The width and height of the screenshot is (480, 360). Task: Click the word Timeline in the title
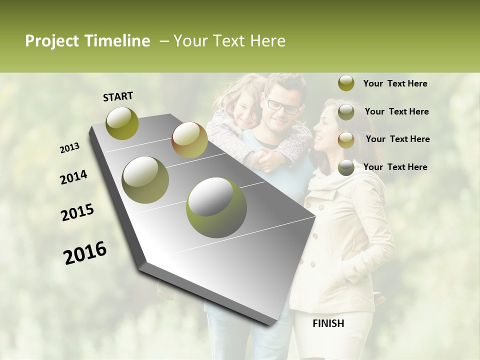coord(119,41)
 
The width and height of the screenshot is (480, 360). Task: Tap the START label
coord(118,96)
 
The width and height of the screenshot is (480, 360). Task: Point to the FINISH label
coord(328,323)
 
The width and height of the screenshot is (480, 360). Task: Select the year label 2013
coord(70,148)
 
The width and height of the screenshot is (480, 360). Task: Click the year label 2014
coord(74,177)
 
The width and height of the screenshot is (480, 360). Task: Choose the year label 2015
coord(77,213)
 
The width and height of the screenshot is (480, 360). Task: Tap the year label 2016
coord(85,253)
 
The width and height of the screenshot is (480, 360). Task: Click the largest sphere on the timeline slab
coord(216,207)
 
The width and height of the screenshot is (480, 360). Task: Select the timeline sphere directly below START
coord(122,123)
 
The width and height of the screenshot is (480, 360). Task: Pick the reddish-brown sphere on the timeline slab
coord(189,140)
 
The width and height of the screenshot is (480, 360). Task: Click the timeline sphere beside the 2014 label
coord(145,179)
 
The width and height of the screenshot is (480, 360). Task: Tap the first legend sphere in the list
coord(346,83)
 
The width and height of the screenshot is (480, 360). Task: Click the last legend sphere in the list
coord(346,167)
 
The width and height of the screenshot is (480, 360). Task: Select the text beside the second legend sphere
coord(396,111)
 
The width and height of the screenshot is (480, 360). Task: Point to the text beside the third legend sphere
coord(397,139)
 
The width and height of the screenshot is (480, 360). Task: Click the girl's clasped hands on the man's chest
coord(265,160)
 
